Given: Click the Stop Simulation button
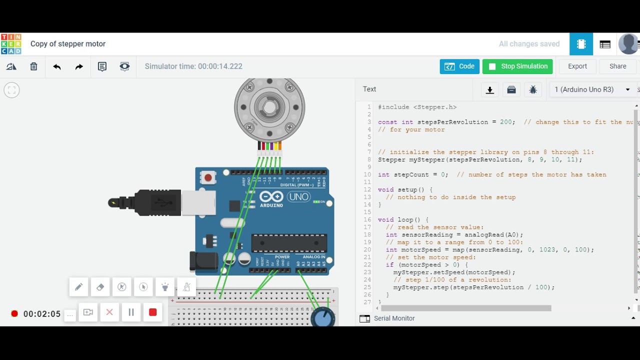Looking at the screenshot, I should [x=517, y=66].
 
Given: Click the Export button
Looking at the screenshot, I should [x=577, y=66].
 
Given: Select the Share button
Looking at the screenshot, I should [x=617, y=66].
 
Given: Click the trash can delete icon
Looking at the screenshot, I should [x=33, y=66].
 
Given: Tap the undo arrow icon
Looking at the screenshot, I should [x=56, y=66].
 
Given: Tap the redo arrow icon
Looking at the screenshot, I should [x=79, y=66].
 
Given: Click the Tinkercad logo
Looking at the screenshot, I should [x=11, y=44].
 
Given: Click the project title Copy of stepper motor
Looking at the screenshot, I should [x=68, y=44].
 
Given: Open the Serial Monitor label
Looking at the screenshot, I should [x=394, y=318].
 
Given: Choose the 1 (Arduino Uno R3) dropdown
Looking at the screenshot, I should [x=592, y=89].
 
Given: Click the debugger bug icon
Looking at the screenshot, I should [x=533, y=90].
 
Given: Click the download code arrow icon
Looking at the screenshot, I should [x=490, y=90].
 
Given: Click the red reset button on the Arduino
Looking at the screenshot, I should [x=208, y=177].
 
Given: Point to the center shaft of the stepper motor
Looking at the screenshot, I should [x=269, y=107].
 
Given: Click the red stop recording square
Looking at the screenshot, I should [x=153, y=312].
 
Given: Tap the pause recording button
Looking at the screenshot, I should [x=131, y=312].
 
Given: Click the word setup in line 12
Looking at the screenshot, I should [x=407, y=190].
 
